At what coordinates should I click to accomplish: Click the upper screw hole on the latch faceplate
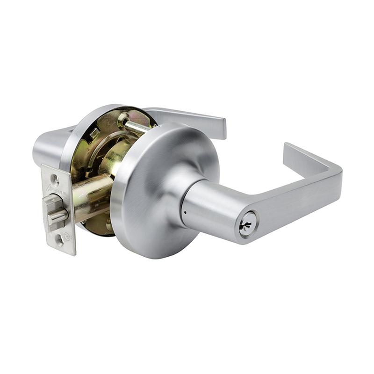55,178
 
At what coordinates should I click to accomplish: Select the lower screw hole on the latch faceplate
59,240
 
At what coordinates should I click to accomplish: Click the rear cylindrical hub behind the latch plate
47,145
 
